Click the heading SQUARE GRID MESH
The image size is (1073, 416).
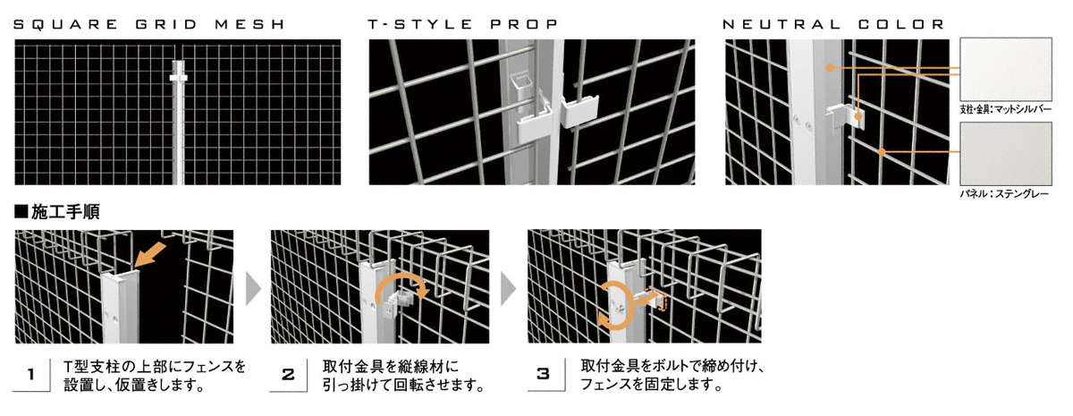pyautogui.click(x=149, y=24)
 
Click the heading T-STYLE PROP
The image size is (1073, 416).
pyautogui.click(x=463, y=24)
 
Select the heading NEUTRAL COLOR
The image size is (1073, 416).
pyautogui.click(x=833, y=24)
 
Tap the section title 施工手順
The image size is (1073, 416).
pyautogui.click(x=57, y=211)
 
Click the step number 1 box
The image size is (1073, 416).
pyautogui.click(x=31, y=374)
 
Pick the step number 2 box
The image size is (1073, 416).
pyautogui.click(x=288, y=374)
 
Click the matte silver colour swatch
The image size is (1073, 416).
pyautogui.click(x=1006, y=69)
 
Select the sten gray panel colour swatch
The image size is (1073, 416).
pyautogui.click(x=1006, y=154)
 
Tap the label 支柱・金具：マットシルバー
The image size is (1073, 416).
pyautogui.click(x=1005, y=109)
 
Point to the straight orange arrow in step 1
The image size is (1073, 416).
pyautogui.click(x=150, y=255)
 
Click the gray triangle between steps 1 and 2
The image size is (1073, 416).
pyautogui.click(x=253, y=288)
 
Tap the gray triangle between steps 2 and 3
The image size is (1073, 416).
pyautogui.click(x=509, y=288)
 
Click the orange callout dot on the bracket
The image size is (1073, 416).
pyautogui.click(x=858, y=116)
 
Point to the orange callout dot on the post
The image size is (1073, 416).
pyautogui.click(x=830, y=68)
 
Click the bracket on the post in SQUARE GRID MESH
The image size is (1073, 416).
pyautogui.click(x=178, y=77)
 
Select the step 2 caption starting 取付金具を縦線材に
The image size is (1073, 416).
pyautogui.click(x=402, y=375)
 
